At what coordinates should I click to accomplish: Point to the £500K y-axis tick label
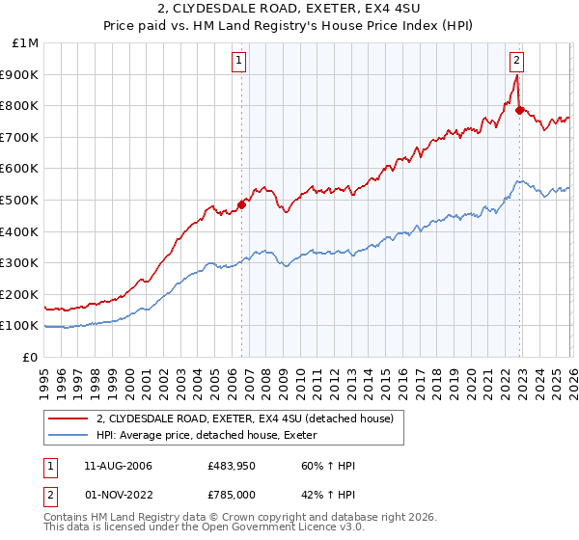click(20, 200)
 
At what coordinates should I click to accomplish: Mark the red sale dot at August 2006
click(242, 204)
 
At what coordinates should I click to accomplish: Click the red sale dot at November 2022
click(519, 110)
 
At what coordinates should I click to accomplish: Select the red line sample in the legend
click(69, 419)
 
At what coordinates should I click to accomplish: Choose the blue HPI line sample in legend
click(69, 436)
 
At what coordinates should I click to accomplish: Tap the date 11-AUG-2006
click(119, 466)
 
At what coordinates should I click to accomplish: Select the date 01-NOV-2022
click(119, 494)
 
